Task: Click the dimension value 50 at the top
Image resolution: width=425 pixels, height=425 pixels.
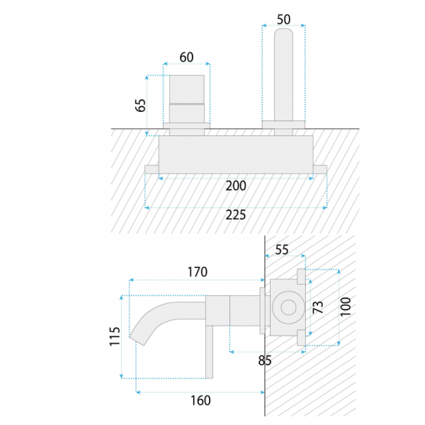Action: [283, 19]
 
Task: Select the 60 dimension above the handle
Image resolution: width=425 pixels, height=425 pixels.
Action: [186, 57]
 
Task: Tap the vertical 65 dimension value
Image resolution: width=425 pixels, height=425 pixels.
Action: [140, 105]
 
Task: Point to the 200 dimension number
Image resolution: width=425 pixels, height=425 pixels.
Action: [236, 186]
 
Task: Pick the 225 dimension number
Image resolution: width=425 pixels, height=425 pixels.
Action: [236, 215]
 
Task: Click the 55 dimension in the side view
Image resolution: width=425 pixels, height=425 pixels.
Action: [282, 249]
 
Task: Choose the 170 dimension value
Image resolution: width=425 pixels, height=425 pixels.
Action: [198, 272]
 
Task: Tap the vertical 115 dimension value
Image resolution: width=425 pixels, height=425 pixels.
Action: [115, 336]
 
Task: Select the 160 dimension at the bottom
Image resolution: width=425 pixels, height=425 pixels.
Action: [200, 401]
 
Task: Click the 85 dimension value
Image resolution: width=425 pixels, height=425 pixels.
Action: [265, 361]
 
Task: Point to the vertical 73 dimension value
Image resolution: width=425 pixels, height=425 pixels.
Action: [318, 307]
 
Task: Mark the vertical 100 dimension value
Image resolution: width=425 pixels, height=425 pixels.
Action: [346, 307]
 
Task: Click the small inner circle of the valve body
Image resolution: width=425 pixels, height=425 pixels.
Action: [288, 307]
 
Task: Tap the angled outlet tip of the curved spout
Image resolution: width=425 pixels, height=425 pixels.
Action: [137, 341]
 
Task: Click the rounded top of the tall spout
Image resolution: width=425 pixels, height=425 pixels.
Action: [283, 32]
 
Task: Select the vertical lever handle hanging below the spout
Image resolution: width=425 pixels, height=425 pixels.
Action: [209, 352]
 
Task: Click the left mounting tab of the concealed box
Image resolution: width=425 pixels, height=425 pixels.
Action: [152, 169]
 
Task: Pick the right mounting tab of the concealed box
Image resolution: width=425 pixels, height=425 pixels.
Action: [320, 169]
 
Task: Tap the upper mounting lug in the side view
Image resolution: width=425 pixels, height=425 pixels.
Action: [301, 276]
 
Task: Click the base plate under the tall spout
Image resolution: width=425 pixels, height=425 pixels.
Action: [283, 125]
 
